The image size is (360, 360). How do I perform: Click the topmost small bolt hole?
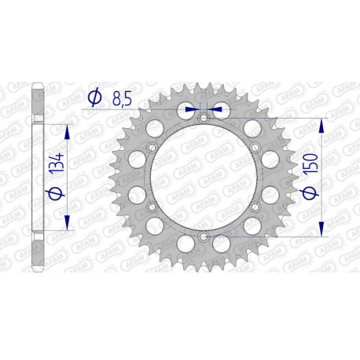204,119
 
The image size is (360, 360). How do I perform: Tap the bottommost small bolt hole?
204,236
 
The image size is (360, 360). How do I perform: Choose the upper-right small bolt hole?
254,148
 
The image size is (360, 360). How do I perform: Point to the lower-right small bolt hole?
254,207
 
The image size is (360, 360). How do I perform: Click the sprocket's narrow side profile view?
37,177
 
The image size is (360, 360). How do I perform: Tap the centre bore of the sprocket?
203,177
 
